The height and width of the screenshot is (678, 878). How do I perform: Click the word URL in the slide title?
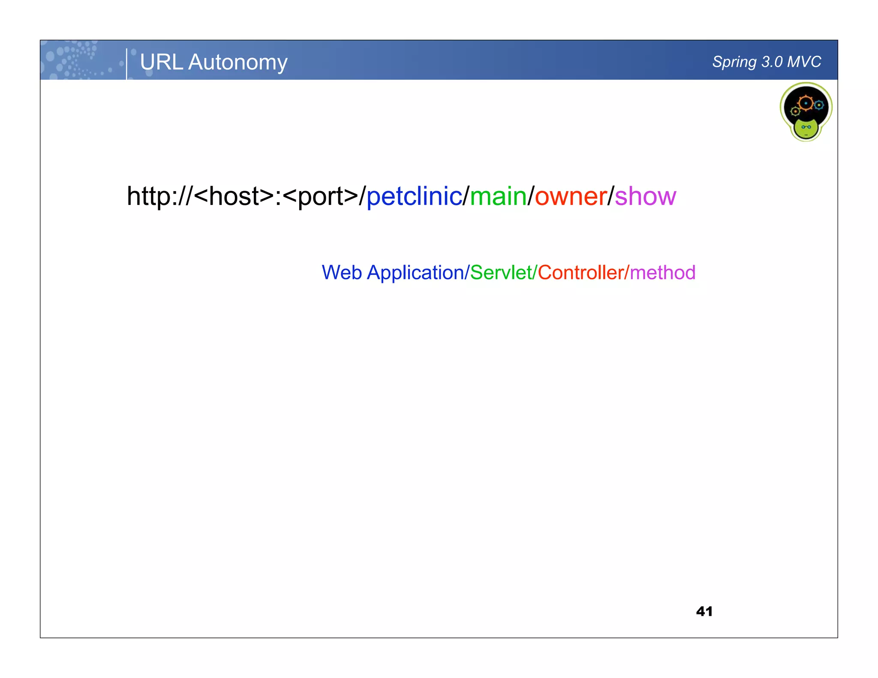pyautogui.click(x=161, y=62)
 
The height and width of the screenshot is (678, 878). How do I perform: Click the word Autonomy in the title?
pyautogui.click(x=238, y=63)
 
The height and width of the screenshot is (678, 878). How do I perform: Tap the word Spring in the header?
pyautogui.click(x=734, y=62)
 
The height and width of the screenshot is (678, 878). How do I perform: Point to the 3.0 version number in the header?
pyautogui.click(x=772, y=62)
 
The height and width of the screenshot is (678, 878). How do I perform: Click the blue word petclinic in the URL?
pyautogui.click(x=414, y=196)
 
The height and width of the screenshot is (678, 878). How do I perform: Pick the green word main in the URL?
pyautogui.click(x=498, y=196)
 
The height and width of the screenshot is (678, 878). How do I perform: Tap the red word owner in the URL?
pyautogui.click(x=571, y=197)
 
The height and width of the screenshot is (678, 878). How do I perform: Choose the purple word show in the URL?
pyautogui.click(x=645, y=197)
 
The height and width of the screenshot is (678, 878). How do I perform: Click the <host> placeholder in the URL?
pyautogui.click(x=234, y=196)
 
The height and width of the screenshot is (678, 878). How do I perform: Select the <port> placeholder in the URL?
pyautogui.click(x=321, y=197)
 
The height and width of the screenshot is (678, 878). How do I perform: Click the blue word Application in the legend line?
pyautogui.click(x=415, y=273)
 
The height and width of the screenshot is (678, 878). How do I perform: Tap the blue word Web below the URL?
pyautogui.click(x=342, y=273)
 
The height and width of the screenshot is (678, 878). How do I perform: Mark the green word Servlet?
pyautogui.click(x=501, y=273)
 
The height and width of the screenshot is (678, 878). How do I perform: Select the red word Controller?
pyautogui.click(x=580, y=273)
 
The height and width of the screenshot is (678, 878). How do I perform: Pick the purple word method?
pyautogui.click(x=662, y=273)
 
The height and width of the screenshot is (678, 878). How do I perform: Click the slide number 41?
pyautogui.click(x=704, y=611)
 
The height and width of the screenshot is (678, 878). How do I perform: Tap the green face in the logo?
pyautogui.click(x=806, y=128)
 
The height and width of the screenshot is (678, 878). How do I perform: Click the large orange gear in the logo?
pyautogui.click(x=806, y=103)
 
